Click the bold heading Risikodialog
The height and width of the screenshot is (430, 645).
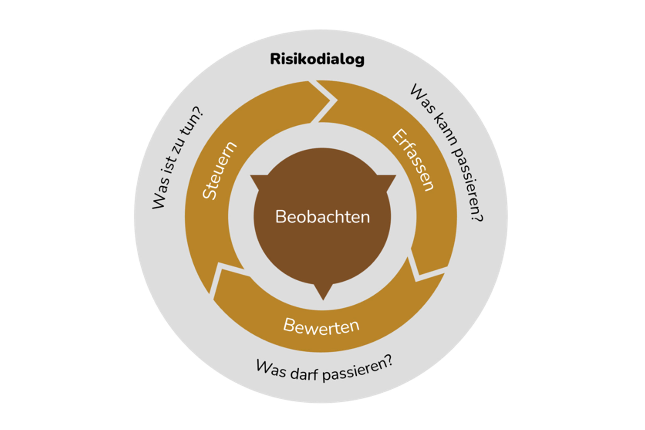[317, 59]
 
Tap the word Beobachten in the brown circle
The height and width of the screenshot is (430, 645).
[322, 217]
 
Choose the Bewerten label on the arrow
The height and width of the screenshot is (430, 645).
[321, 326]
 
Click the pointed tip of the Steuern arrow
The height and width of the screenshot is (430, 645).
[329, 100]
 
